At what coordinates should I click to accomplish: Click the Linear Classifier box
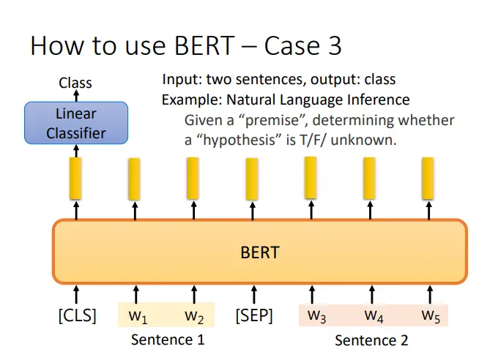click(x=76, y=123)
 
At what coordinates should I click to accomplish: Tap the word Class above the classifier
click(x=75, y=83)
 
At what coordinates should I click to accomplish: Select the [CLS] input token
click(x=78, y=315)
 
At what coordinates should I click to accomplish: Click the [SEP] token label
click(x=254, y=315)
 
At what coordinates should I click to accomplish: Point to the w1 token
click(x=138, y=316)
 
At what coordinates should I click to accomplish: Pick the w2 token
click(x=194, y=316)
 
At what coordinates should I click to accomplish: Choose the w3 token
click(x=317, y=315)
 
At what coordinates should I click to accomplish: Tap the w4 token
click(x=374, y=315)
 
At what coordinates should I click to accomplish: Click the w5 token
click(x=431, y=315)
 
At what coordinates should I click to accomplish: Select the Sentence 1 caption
click(x=168, y=340)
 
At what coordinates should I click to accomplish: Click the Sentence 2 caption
click(x=371, y=340)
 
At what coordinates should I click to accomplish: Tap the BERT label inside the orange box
click(x=260, y=252)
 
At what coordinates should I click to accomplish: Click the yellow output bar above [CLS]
click(x=75, y=179)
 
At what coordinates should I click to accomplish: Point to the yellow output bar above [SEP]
click(x=252, y=179)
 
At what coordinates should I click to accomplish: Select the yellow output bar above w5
click(x=428, y=179)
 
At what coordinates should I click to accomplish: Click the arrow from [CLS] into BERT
click(x=76, y=295)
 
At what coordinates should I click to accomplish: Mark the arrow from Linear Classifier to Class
click(x=76, y=96)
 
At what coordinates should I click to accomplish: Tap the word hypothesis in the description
click(x=242, y=140)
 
